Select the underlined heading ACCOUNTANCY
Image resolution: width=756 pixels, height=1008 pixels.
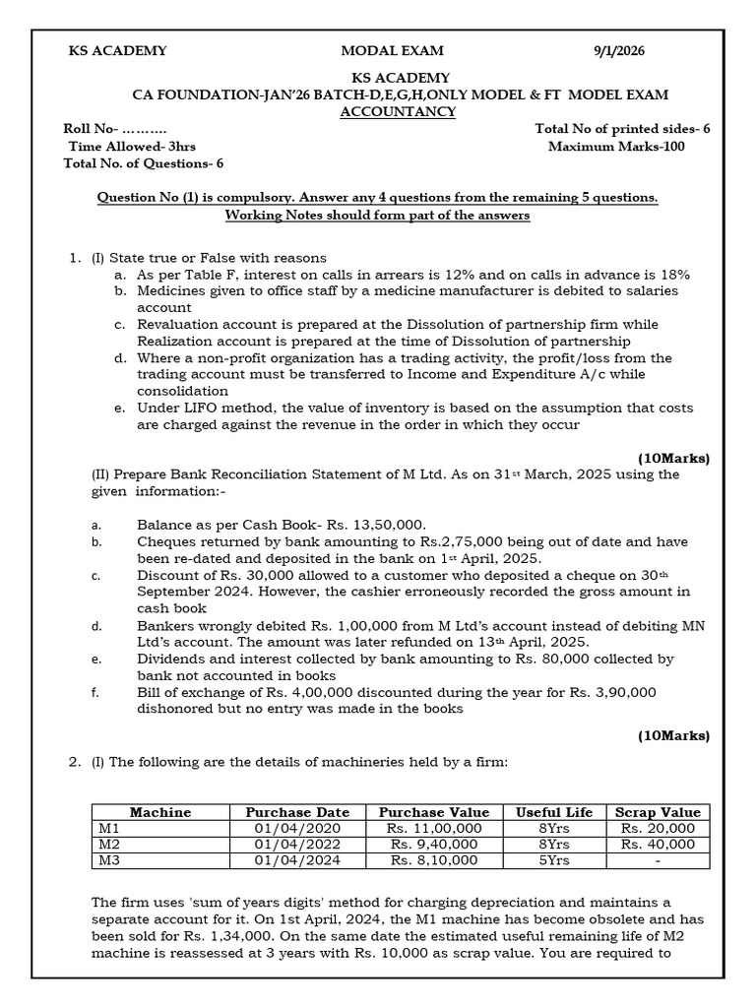click(x=398, y=112)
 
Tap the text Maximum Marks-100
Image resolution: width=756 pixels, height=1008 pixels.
click(x=616, y=147)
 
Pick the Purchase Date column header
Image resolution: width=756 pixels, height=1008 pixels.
click(x=297, y=812)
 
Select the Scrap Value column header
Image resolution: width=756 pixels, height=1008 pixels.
click(x=658, y=812)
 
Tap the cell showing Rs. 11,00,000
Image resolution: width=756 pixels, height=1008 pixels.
click(x=434, y=828)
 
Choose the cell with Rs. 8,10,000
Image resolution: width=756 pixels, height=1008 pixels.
click(x=434, y=859)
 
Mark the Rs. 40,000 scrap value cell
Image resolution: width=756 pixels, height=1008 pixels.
click(x=658, y=844)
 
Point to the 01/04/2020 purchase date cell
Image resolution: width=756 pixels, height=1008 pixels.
click(x=297, y=828)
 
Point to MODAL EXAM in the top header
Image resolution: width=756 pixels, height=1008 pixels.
click(x=392, y=50)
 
